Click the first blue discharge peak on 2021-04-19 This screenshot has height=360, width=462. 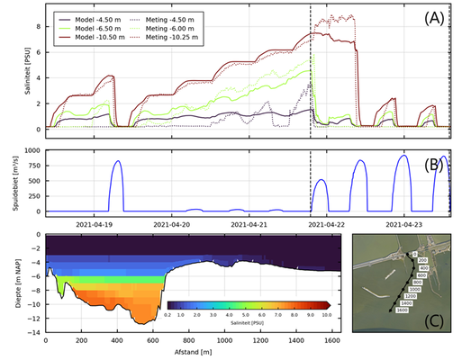[117, 162]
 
